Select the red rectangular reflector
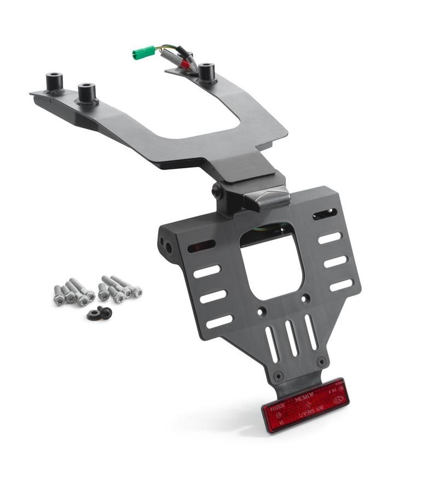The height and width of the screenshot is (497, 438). (305, 404)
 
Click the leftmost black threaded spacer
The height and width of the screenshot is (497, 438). (54, 83)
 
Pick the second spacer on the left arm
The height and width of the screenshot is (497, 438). (87, 94)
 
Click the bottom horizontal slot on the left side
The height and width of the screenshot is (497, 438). (219, 321)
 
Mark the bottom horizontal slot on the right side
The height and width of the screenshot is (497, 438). (341, 285)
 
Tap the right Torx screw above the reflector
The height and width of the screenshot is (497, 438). (321, 362)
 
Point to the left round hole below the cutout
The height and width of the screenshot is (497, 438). (262, 311)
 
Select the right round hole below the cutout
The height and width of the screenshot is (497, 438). (306, 298)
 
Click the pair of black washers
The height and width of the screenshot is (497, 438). (99, 313)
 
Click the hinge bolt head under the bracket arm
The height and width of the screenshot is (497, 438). (217, 190)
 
